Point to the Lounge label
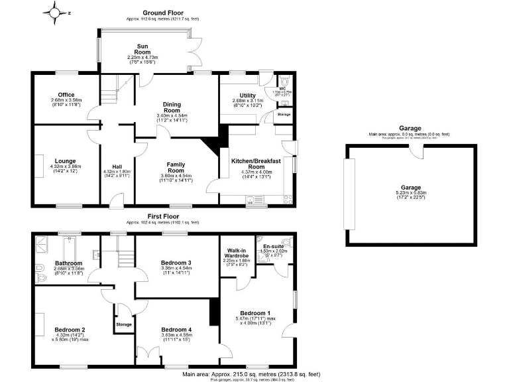66,161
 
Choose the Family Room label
176,168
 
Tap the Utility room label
243,95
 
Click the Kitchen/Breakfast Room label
256,164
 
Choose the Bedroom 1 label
255,313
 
